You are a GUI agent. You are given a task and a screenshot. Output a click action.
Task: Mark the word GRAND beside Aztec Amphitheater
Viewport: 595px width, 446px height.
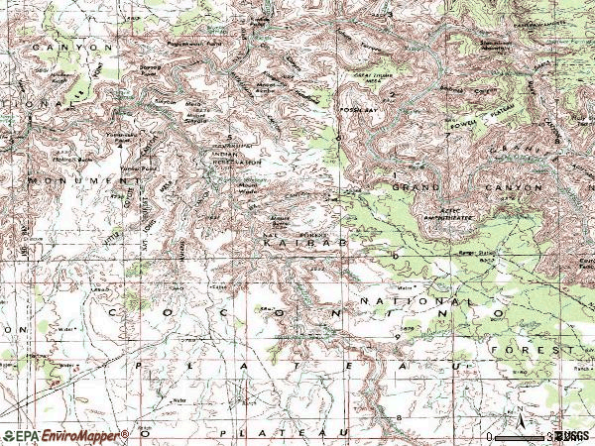click(x=416, y=186)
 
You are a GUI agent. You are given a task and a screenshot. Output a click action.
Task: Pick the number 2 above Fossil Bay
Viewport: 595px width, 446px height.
click(x=393, y=95)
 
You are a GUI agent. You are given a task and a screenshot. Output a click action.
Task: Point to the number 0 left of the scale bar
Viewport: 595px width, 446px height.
click(x=488, y=436)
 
